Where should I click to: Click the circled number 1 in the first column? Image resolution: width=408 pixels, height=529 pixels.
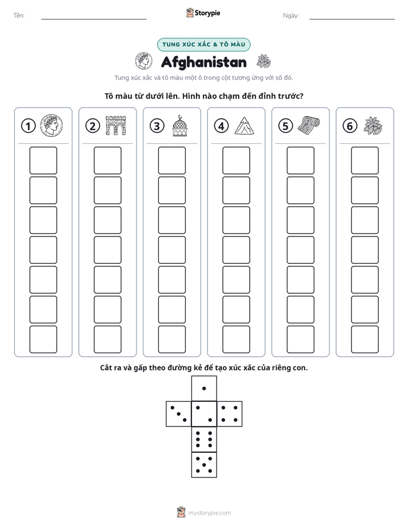(x=28, y=126)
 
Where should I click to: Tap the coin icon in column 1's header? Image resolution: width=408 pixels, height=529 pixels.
(x=51, y=125)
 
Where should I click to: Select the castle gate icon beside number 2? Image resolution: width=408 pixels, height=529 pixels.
(x=116, y=125)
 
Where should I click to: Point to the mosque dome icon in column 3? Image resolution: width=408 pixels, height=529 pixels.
(x=180, y=125)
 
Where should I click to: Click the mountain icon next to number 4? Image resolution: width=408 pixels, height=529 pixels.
(x=245, y=125)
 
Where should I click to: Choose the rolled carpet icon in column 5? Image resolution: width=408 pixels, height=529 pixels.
(x=309, y=125)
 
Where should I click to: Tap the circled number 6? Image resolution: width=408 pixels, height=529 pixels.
(x=350, y=126)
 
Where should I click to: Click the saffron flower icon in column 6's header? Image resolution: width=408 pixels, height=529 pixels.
(x=373, y=125)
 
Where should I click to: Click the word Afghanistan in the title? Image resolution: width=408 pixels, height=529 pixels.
(x=203, y=62)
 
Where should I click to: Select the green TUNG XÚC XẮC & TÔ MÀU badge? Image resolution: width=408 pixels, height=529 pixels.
(x=203, y=45)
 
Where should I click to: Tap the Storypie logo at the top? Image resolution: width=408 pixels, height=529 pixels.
(x=203, y=13)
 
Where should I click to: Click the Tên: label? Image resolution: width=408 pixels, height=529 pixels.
(x=19, y=15)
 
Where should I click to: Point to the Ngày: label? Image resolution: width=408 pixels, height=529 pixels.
(x=291, y=15)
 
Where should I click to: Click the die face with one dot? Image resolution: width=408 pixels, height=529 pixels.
(x=204, y=388)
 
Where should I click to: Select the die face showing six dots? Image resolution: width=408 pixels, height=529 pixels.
(x=204, y=439)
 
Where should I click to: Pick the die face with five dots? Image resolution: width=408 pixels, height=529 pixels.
(x=204, y=465)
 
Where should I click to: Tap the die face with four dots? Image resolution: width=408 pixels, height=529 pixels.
(x=230, y=414)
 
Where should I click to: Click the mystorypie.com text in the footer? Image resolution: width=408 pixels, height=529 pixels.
(x=209, y=513)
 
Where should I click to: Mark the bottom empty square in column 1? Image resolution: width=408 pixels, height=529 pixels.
(x=43, y=339)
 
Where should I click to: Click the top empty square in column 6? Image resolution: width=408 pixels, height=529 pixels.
(x=365, y=160)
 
